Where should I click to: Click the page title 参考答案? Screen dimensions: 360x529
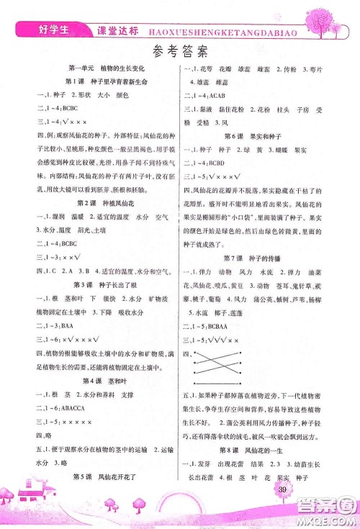pyautogui.click(x=180, y=51)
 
